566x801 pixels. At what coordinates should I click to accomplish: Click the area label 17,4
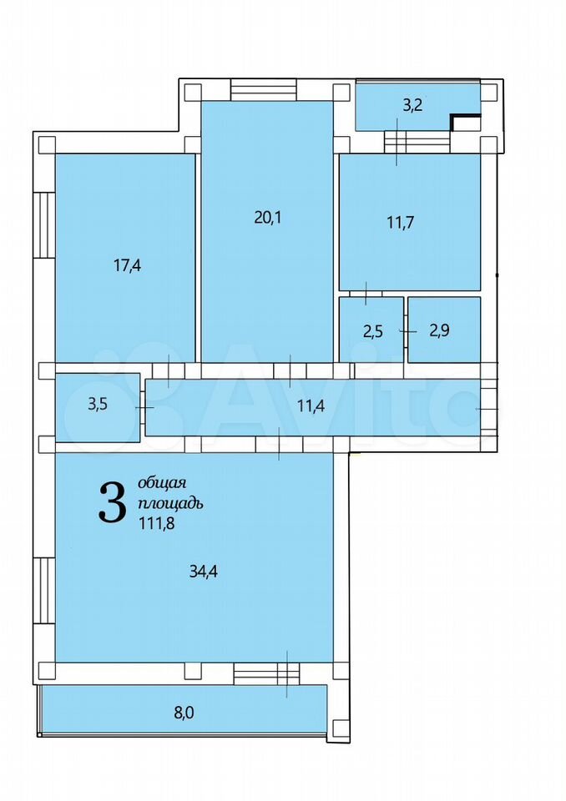pyautogui.click(x=127, y=265)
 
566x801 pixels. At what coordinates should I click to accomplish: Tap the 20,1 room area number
pyautogui.click(x=267, y=218)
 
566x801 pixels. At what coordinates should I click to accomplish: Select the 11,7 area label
pyautogui.click(x=401, y=223)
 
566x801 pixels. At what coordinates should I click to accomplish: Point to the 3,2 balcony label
pyautogui.click(x=412, y=106)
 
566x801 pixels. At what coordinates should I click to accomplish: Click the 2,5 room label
pyautogui.click(x=372, y=331)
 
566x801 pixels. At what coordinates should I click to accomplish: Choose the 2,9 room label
pyautogui.click(x=439, y=330)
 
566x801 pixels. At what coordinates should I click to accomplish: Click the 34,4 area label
pyautogui.click(x=204, y=571)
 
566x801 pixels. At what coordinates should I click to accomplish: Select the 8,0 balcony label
pyautogui.click(x=184, y=713)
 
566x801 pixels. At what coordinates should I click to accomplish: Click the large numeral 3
pyautogui.click(x=113, y=503)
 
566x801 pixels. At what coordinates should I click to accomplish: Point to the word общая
pyautogui.click(x=162, y=484)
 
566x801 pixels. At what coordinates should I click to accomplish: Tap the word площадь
pyautogui.click(x=171, y=503)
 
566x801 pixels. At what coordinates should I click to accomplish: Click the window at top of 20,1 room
pyautogui.click(x=263, y=90)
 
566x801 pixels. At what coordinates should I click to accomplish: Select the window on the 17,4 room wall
pyautogui.click(x=44, y=224)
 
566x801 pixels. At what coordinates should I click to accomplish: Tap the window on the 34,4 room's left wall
pyautogui.click(x=44, y=590)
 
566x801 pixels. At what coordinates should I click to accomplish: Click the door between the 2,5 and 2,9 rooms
pyautogui.click(x=406, y=330)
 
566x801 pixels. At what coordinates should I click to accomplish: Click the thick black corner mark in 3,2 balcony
pyautogui.click(x=465, y=121)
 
